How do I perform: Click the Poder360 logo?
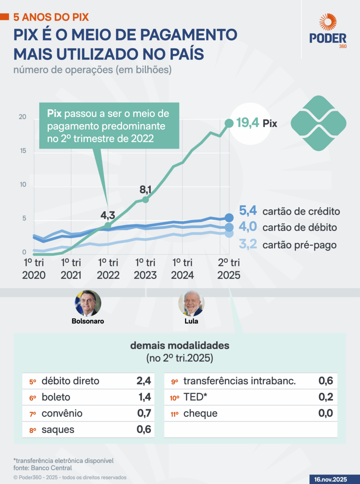[x=328, y=31]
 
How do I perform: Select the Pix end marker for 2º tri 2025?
[x=229, y=123]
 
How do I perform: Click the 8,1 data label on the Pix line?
[x=146, y=190]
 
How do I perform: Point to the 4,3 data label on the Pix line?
[x=108, y=215]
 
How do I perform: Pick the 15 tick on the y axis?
[x=23, y=151]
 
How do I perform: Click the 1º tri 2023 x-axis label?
[x=145, y=269]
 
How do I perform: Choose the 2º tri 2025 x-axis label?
[x=229, y=269]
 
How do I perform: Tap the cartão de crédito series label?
[x=301, y=211]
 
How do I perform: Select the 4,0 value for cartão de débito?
[x=248, y=227]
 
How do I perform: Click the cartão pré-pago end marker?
[x=229, y=234]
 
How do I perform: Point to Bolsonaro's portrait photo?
[x=88, y=303]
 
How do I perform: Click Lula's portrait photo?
[x=191, y=303]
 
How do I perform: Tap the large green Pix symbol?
[x=319, y=123]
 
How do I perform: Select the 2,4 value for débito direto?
[x=144, y=381]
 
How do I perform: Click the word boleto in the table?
[x=56, y=397]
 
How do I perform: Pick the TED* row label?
[x=195, y=397]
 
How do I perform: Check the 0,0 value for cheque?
[x=326, y=413]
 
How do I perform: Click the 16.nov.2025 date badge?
[x=330, y=479]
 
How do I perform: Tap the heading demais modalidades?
[x=180, y=346]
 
